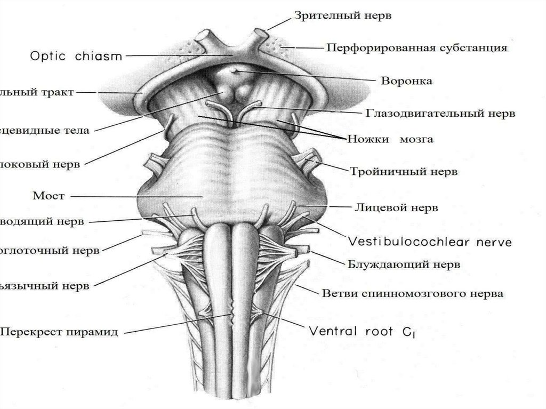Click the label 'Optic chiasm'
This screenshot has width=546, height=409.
point(77,55)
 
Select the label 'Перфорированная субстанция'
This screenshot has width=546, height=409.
point(416,48)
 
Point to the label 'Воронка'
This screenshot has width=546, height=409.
point(406,82)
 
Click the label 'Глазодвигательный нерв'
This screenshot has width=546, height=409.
point(440,114)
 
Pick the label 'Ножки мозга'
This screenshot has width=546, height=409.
point(390,140)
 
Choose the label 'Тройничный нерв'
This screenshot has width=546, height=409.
point(404,172)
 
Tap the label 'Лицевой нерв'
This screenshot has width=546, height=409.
point(396,208)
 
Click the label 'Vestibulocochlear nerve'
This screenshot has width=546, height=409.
point(430,242)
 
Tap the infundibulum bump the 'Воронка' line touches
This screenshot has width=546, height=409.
point(234,71)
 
